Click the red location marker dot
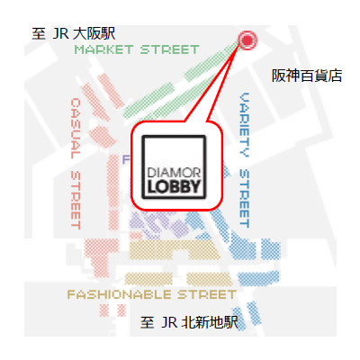247,40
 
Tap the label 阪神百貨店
307,76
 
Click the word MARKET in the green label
103,49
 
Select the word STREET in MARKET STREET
170,49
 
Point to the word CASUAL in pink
76,129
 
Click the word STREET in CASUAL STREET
76,201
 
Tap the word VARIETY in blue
245,125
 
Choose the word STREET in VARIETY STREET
245,198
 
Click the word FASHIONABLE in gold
119,294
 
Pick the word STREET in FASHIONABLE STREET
207,294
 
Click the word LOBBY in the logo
174,186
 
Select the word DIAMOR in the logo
174,173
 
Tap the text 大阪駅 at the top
94,33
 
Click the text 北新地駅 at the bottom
210,322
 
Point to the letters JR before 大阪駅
60,34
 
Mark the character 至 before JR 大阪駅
39,33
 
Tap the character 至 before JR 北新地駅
147,322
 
